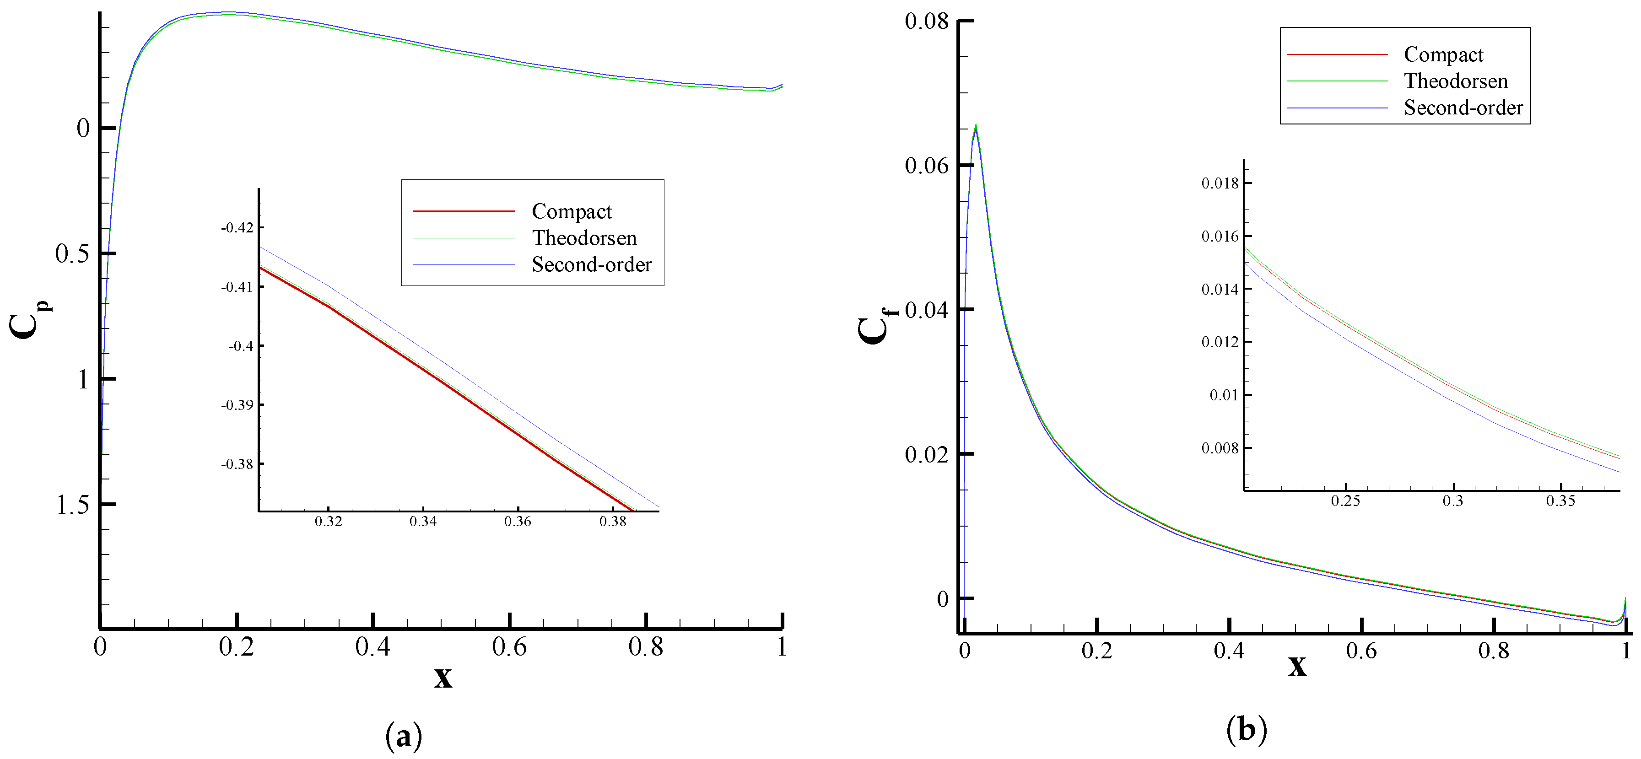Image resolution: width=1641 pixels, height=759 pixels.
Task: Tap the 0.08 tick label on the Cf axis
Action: click(926, 21)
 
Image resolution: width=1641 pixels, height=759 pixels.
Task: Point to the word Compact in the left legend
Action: click(572, 211)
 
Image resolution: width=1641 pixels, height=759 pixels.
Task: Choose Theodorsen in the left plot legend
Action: click(584, 238)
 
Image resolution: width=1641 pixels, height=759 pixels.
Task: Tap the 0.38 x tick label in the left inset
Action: click(612, 522)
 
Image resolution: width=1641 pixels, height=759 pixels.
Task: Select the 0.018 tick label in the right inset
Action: click(1220, 184)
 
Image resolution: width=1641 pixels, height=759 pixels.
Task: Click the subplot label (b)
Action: click(1246, 730)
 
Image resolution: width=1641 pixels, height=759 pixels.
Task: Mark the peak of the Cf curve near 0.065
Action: click(975, 125)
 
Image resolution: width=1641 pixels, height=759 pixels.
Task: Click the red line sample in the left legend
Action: click(463, 211)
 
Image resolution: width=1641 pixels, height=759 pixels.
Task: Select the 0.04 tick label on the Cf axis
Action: click(926, 310)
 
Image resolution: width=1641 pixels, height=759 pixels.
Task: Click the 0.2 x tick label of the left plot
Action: click(236, 647)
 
